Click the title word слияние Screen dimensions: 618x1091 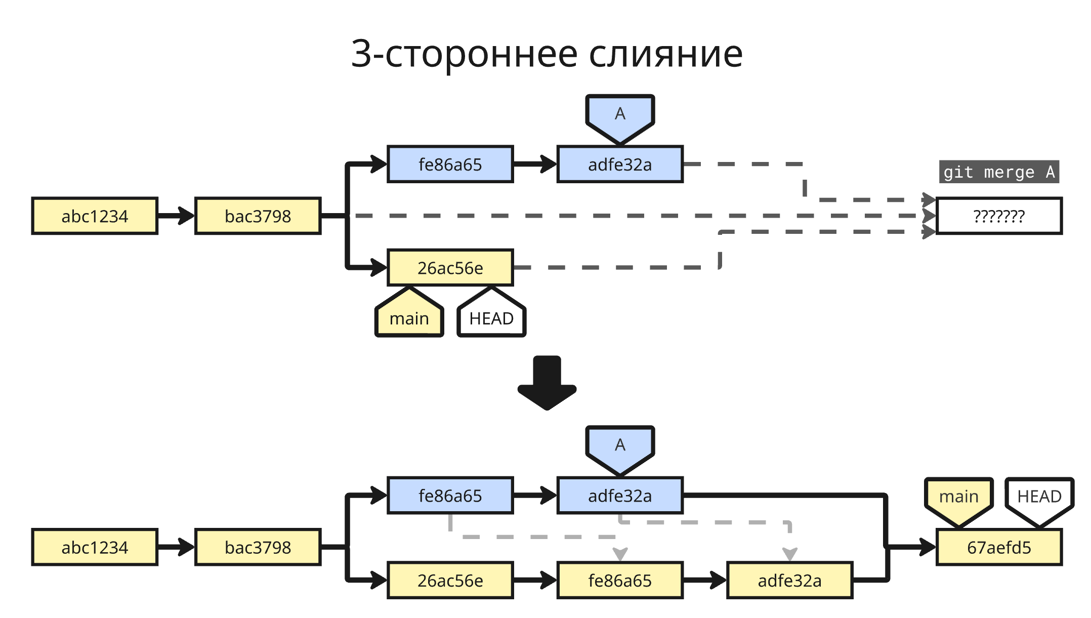point(666,54)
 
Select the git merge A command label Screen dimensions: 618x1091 point(999,172)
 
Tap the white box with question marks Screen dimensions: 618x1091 point(999,216)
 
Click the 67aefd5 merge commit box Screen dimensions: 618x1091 point(999,547)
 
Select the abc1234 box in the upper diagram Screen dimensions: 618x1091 point(95,216)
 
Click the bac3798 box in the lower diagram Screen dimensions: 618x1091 point(258,547)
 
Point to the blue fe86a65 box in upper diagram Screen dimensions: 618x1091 point(450,164)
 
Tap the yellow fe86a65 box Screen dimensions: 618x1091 point(620,581)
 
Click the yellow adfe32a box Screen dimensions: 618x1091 point(789,581)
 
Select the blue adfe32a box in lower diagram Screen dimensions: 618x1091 point(620,496)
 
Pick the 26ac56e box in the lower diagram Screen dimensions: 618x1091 point(450,581)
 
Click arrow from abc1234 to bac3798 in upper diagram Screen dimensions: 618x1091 point(176,216)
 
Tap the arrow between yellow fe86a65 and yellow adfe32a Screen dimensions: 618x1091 point(704,581)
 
